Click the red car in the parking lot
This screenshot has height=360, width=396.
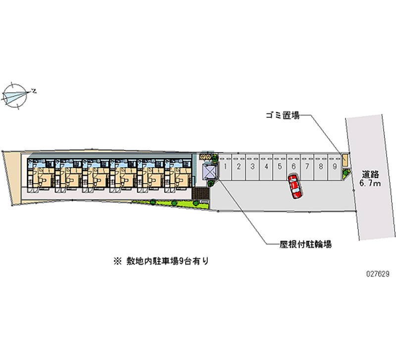pyautogui.click(x=295, y=186)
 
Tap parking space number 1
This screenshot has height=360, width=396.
pyautogui.click(x=225, y=166)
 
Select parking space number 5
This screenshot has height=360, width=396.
pyautogui.click(x=280, y=166)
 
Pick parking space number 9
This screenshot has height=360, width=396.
pyautogui.click(x=335, y=166)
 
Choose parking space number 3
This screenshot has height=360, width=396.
pyautogui.click(x=252, y=166)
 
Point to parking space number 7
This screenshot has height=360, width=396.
pyautogui.click(x=307, y=166)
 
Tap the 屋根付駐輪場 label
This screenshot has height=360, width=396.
pyautogui.click(x=305, y=244)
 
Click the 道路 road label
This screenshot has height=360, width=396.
pyautogui.click(x=370, y=174)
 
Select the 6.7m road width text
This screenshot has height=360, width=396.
pyautogui.click(x=370, y=184)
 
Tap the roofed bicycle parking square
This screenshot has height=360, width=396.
pyautogui.click(x=210, y=171)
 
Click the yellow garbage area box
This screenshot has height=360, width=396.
pyautogui.click(x=345, y=160)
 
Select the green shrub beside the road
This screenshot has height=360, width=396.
pyautogui.click(x=346, y=173)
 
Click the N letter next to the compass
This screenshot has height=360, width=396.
pyautogui.click(x=34, y=91)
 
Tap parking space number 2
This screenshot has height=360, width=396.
pyautogui.click(x=239, y=166)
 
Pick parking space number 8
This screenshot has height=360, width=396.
pyautogui.click(x=321, y=166)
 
